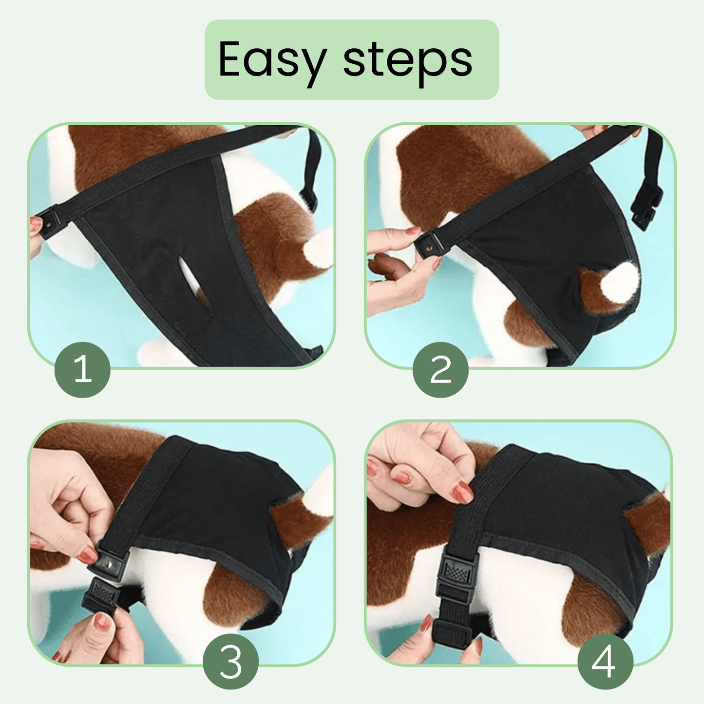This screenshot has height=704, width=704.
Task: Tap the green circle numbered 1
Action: coord(82,370)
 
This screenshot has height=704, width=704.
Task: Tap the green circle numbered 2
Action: coord(440,370)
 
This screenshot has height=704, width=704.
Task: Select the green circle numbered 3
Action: coord(231,662)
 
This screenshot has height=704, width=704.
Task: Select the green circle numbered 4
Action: coord(606,662)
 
